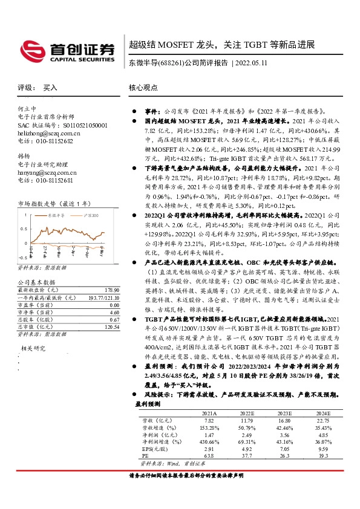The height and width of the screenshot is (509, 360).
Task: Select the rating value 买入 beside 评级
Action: (50, 88)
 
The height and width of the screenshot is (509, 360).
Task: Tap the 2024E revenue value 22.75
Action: (323, 420)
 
